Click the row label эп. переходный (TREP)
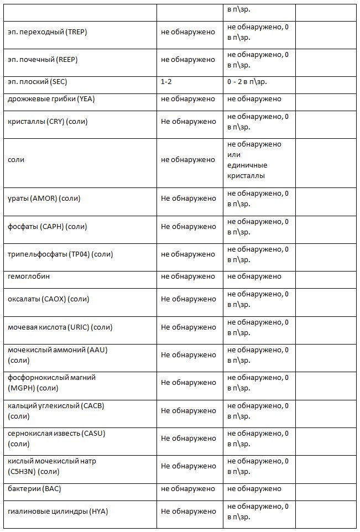coord(48,32)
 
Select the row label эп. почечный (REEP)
coord(45,60)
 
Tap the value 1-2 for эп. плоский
coord(166,82)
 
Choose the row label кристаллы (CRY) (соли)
coord(48,121)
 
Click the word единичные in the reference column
coord(247,165)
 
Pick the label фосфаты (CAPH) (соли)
coord(47,226)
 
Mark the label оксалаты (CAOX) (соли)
coord(49,299)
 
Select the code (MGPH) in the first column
coord(22,388)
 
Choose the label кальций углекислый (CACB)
coord(56,405)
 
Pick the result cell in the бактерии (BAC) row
coord(188,489)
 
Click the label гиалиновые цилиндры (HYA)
coord(58,512)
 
